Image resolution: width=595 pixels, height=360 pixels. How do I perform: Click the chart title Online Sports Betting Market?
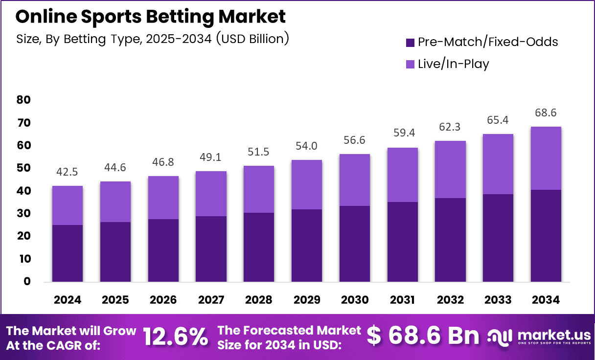pos(150,17)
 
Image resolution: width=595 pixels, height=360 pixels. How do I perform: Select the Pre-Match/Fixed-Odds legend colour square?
pos(410,42)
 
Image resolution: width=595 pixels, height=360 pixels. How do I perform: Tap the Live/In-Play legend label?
pos(453,64)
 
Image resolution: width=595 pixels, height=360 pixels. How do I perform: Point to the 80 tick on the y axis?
pos(23,100)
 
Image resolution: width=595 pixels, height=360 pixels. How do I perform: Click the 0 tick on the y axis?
pos(27,281)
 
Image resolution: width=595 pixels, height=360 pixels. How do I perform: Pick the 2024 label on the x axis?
pos(68,300)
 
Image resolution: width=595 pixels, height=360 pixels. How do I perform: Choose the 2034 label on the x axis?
pos(546,300)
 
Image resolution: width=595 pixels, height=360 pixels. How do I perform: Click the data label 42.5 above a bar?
pos(68,172)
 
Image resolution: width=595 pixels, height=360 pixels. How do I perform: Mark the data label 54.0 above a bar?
pos(307,146)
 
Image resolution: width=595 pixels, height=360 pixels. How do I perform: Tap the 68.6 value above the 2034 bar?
pos(546,113)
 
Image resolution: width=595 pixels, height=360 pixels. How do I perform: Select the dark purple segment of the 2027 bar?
pos(211,249)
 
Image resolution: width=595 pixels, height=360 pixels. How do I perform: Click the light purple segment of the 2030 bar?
pos(355,180)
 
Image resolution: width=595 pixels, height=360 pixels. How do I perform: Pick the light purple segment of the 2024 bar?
pos(68,205)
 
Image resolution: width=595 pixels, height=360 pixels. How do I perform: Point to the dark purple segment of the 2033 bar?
pos(498,238)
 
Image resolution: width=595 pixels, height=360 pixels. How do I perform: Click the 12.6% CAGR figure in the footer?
pos(175,337)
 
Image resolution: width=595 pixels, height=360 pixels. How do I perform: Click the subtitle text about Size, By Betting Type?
pos(152,38)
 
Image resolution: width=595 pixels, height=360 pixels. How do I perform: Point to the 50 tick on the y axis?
pos(23,168)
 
